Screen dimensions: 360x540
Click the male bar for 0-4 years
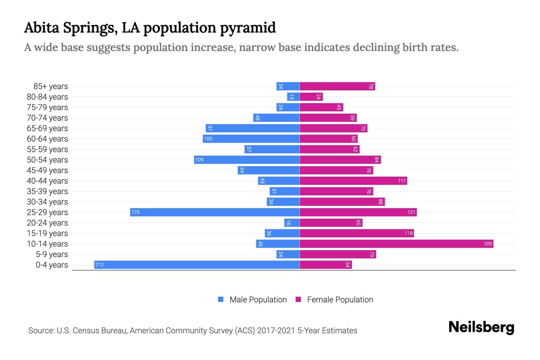point(197,265)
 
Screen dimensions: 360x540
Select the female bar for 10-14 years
point(396,244)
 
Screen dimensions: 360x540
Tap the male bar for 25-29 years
point(215,212)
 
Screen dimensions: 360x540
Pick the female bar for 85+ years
point(337,86)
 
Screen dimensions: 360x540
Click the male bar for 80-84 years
point(293,97)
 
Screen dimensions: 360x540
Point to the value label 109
point(199,160)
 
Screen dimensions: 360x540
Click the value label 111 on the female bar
point(401,181)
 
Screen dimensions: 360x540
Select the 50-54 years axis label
point(47,160)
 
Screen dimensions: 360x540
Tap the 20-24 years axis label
point(47,223)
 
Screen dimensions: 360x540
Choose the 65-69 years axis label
point(47,128)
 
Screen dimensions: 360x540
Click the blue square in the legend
point(221,299)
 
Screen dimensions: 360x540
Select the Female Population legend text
point(340,299)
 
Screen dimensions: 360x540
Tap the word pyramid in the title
point(248,28)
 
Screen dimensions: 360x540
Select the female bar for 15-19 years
point(356,233)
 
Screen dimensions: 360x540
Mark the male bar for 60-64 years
point(251,139)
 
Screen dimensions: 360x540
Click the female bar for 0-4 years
point(325,265)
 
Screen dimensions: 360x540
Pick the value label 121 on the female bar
point(411,212)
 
